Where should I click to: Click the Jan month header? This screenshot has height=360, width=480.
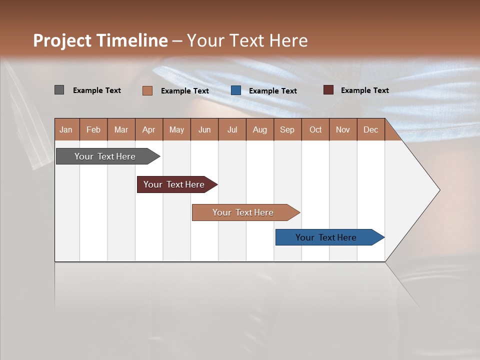click(x=66, y=129)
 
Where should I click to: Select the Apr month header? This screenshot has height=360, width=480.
click(x=149, y=129)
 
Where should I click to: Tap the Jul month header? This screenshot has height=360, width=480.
click(x=232, y=129)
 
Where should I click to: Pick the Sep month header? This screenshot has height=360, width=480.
click(x=287, y=129)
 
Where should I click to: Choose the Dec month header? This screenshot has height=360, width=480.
click(x=370, y=129)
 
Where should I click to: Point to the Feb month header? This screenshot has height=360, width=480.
click(x=93, y=129)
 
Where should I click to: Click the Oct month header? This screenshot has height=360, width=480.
click(x=315, y=129)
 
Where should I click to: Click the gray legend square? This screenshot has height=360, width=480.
click(x=59, y=90)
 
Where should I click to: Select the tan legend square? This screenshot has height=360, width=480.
click(x=147, y=90)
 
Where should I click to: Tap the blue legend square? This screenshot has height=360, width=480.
click(x=236, y=90)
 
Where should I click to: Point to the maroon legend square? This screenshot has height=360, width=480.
click(x=328, y=90)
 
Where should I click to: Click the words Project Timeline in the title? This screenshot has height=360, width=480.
click(x=100, y=40)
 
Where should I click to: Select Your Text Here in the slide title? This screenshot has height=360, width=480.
click(x=247, y=40)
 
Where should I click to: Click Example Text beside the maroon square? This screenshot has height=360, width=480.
click(x=364, y=90)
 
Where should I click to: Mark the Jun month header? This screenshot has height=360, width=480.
click(x=204, y=129)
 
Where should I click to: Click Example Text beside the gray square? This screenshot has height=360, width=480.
click(x=97, y=90)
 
